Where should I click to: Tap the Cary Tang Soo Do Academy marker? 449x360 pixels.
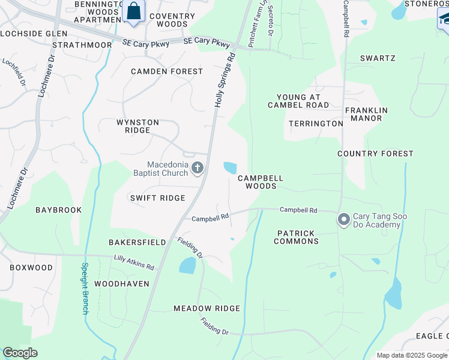click(x=344, y=220)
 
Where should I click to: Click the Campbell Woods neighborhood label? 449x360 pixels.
click(x=260, y=182)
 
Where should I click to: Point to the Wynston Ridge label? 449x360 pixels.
click(x=137, y=126)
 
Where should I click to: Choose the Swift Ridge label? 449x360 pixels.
click(x=157, y=198)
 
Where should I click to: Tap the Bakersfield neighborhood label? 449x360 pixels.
click(x=137, y=242)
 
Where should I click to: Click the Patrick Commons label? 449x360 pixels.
click(x=296, y=237)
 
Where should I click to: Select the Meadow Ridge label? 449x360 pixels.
click(x=206, y=308)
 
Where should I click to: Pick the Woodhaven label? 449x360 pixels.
click(x=122, y=284)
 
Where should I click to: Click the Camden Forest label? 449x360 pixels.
click(x=167, y=71)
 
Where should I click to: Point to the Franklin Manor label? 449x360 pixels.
click(x=366, y=114)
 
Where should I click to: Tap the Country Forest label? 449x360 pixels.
click(x=375, y=154)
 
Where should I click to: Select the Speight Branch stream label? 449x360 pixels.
click(x=85, y=288)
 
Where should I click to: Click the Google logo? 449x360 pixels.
click(x=20, y=353)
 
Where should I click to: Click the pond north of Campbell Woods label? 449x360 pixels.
click(x=230, y=168)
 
